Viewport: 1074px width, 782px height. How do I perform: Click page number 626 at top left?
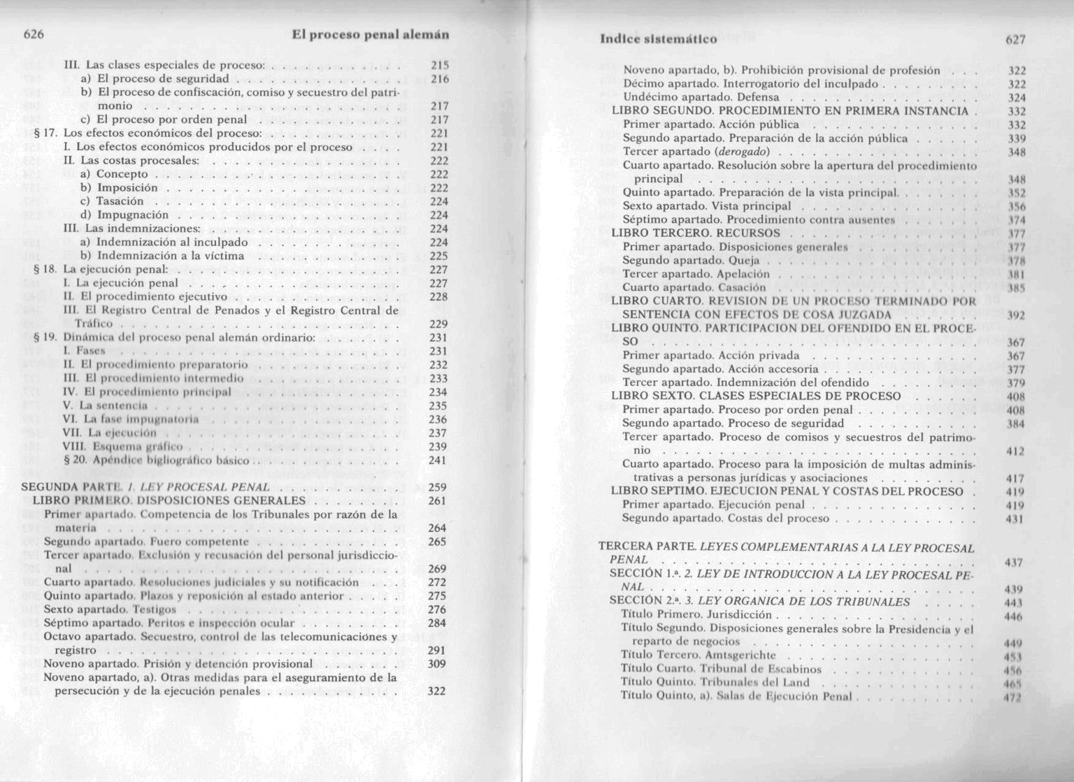(x=34, y=34)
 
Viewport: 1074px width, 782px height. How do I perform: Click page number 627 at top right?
(x=1015, y=39)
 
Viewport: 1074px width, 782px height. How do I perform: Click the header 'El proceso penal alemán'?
(x=370, y=34)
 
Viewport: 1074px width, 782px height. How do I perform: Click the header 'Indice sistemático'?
(x=659, y=38)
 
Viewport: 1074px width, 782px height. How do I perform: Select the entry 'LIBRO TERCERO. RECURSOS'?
(x=695, y=233)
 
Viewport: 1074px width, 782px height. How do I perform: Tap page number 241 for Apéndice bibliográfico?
(x=437, y=460)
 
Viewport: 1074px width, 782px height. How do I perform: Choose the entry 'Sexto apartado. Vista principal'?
(x=706, y=206)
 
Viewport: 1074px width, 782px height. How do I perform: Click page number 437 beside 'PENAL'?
(x=1013, y=562)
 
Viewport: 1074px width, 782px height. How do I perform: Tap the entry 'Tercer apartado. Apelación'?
(x=696, y=274)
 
